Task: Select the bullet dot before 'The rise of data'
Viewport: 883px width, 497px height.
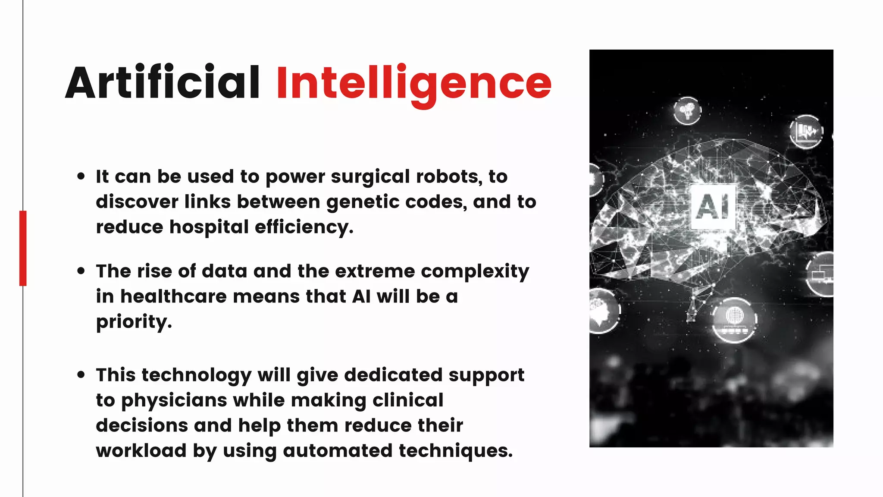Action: click(x=81, y=271)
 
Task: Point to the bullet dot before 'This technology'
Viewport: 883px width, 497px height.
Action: click(x=81, y=374)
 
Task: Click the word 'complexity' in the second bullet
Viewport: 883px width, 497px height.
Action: click(x=475, y=272)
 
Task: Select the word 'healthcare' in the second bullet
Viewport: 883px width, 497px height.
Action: click(x=173, y=296)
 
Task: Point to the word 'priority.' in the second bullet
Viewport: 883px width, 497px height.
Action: click(x=134, y=322)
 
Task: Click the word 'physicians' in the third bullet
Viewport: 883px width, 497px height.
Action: click(x=174, y=400)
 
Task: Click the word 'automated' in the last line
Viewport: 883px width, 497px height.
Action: click(x=338, y=450)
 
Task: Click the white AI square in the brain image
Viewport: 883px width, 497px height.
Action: click(x=713, y=206)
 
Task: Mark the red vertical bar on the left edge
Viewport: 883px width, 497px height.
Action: click(x=23, y=248)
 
